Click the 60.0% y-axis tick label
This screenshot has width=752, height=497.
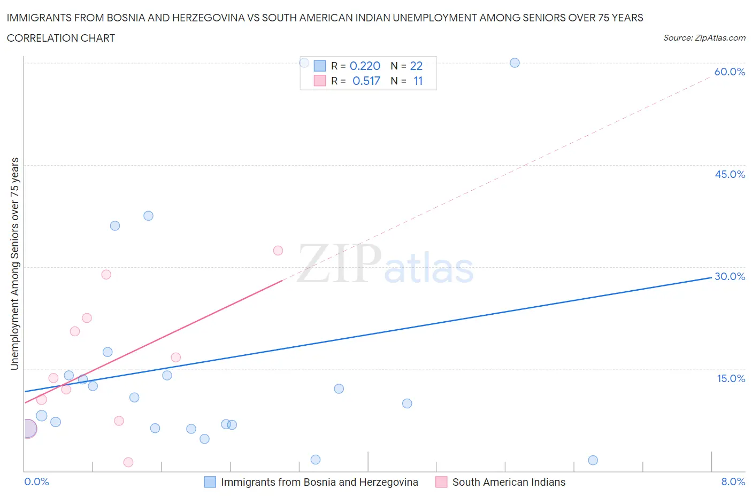730,72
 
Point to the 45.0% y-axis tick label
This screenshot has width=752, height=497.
730,174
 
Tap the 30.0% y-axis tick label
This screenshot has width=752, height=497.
730,276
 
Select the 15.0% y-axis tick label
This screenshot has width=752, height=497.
731,378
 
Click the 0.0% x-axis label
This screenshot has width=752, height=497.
36,482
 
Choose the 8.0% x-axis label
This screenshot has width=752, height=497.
733,482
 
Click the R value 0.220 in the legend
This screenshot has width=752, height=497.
365,66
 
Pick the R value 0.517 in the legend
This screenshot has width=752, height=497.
366,81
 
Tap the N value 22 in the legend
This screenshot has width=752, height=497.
416,66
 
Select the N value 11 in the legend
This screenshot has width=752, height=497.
418,81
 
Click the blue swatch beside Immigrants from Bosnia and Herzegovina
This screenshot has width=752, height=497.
210,482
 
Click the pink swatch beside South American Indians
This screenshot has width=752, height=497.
441,482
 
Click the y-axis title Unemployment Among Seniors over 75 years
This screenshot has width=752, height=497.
15,263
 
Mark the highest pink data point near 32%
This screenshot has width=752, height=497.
278,250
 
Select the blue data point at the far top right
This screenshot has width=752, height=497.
515,63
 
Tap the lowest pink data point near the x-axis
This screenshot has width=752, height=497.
128,462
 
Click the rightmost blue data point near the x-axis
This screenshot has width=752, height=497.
593,460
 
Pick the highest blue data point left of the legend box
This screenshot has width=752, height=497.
304,63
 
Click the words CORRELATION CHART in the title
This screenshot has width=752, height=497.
61,38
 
